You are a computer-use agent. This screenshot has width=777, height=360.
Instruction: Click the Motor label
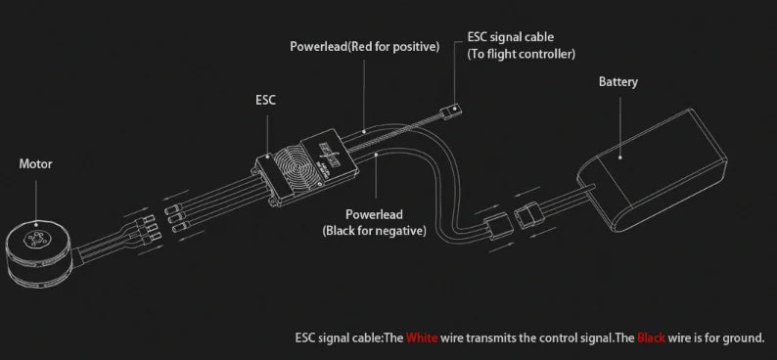tap(35, 164)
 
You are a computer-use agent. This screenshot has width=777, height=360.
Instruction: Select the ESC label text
tap(266, 100)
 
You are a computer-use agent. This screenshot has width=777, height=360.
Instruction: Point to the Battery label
tap(618, 82)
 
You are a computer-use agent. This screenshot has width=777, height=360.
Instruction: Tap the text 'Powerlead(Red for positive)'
tap(364, 46)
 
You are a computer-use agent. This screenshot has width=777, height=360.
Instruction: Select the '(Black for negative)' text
tap(374, 231)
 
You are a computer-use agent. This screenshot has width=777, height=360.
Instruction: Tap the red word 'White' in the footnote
tap(423, 338)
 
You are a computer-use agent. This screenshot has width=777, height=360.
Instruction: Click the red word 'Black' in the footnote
tap(651, 338)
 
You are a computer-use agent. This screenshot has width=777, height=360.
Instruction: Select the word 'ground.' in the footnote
tap(744, 338)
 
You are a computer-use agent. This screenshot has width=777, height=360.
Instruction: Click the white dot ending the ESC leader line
tap(266, 157)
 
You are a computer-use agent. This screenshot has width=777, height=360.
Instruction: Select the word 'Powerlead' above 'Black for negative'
tap(374, 214)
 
